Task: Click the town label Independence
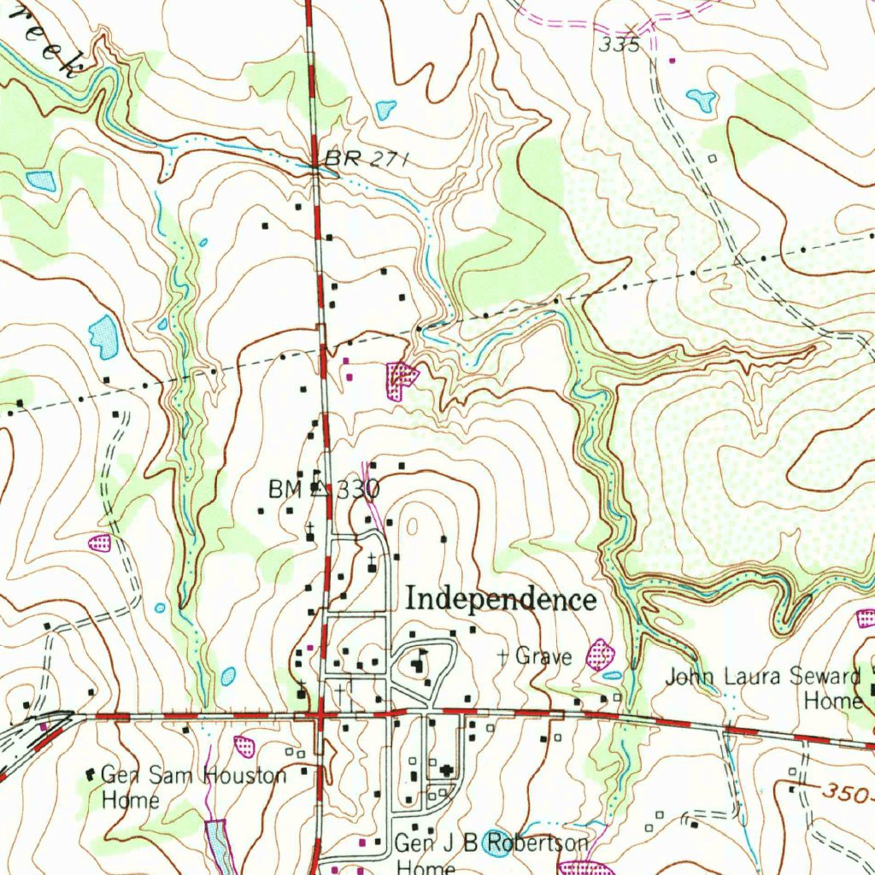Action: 501,599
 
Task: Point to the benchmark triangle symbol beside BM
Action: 319,488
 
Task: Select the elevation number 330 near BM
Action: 357,490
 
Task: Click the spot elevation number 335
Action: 619,46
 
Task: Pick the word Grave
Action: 543,656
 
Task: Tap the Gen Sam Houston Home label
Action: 192,787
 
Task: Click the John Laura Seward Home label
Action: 763,689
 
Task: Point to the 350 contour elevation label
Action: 846,792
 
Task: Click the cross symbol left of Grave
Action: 503,655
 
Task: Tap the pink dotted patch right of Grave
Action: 601,655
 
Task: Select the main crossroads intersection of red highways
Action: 318,714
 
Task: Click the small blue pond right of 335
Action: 702,100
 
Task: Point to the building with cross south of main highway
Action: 446,771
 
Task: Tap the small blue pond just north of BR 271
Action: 386,109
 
